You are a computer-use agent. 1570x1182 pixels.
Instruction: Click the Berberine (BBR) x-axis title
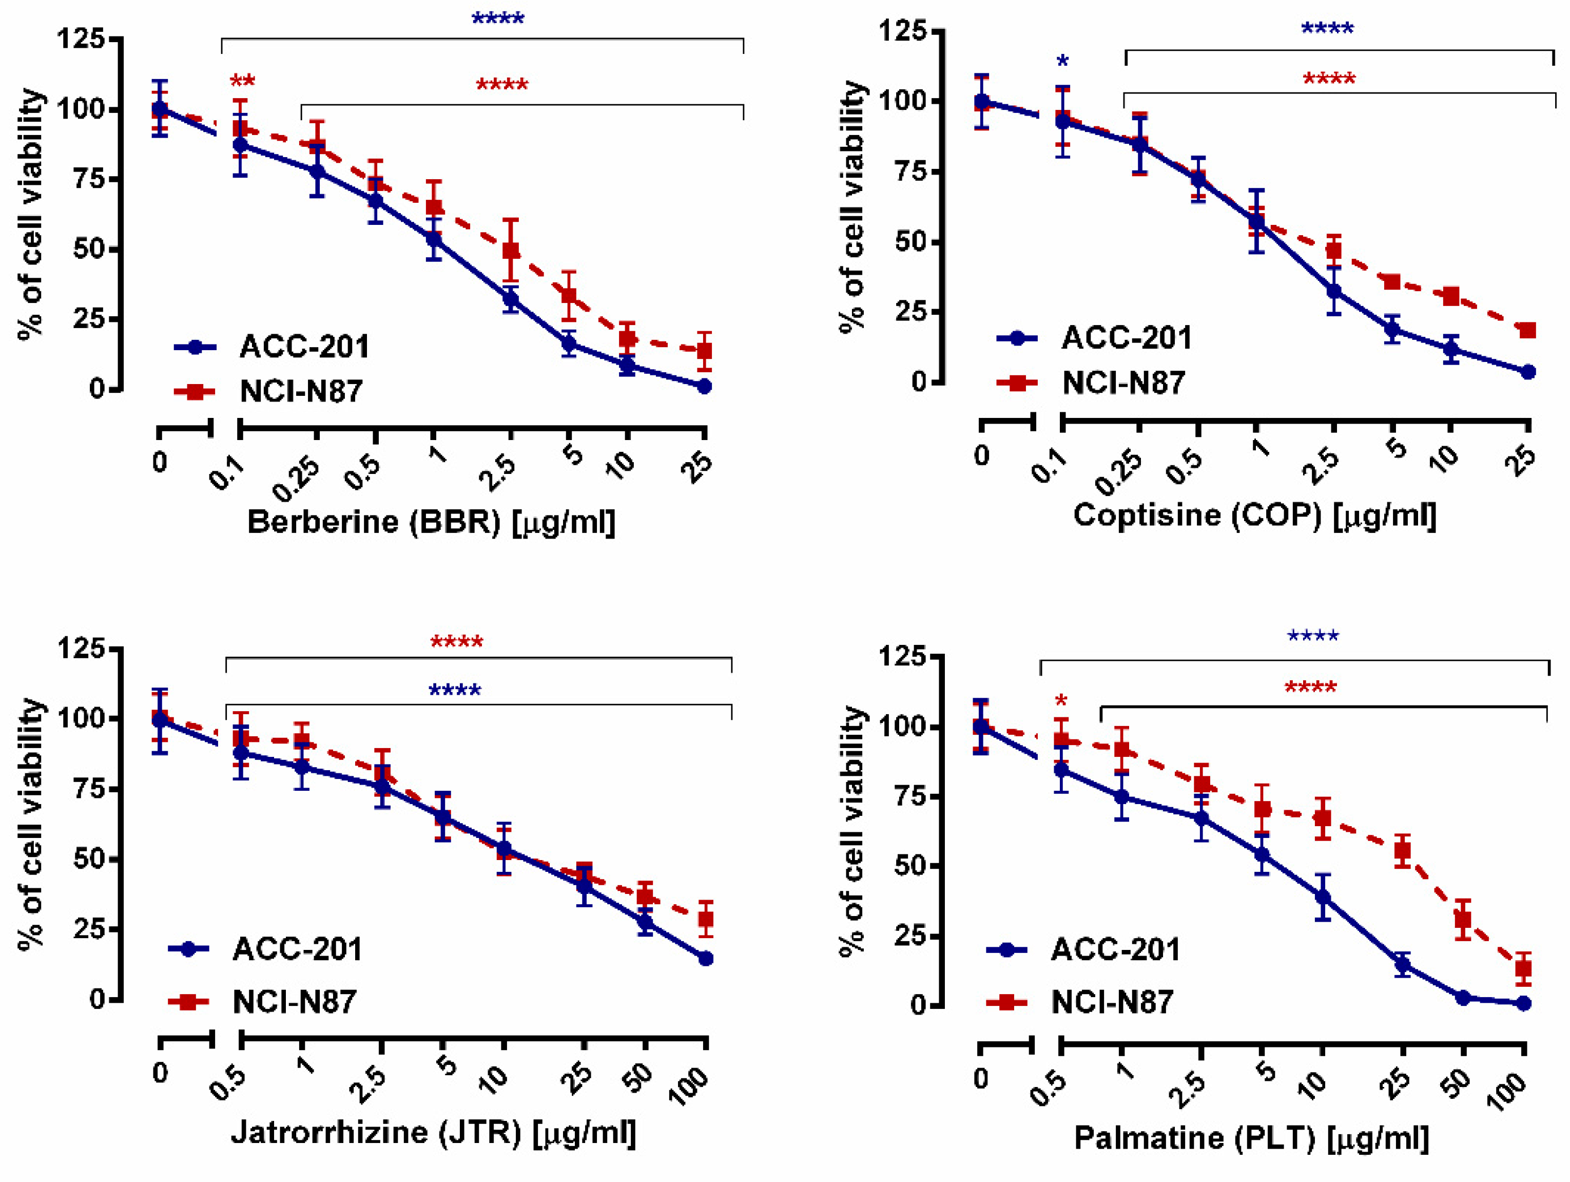point(431,523)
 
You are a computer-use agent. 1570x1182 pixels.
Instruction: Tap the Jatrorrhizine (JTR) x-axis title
point(433,1132)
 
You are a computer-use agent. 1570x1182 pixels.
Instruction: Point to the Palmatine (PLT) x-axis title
point(1251,1137)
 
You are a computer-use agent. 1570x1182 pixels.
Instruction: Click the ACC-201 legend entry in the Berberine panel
point(272,347)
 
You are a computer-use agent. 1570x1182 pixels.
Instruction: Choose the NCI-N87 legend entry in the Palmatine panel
point(1081,1002)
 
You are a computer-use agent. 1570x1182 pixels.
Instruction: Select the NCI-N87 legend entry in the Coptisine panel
point(1092,384)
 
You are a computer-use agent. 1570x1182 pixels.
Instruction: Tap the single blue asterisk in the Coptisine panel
point(1062,62)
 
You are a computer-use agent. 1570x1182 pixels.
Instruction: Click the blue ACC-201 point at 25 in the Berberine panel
point(704,386)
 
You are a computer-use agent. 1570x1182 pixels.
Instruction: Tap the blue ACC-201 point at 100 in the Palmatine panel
point(1523,1003)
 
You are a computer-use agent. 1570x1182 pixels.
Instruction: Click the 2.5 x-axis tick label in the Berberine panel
point(497,472)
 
